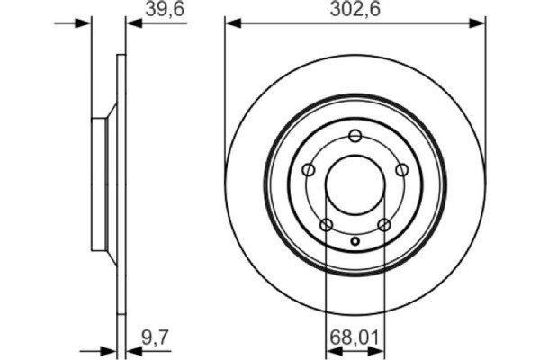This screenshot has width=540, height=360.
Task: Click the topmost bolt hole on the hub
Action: coord(355,136)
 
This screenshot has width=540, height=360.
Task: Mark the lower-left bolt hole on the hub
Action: coord(327,224)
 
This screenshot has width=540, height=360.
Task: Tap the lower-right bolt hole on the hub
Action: coord(383,224)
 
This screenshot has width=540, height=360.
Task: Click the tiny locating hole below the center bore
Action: coord(355,240)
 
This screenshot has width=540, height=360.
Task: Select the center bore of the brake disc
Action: coord(355,184)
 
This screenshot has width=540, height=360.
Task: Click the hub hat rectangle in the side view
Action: coord(99,184)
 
